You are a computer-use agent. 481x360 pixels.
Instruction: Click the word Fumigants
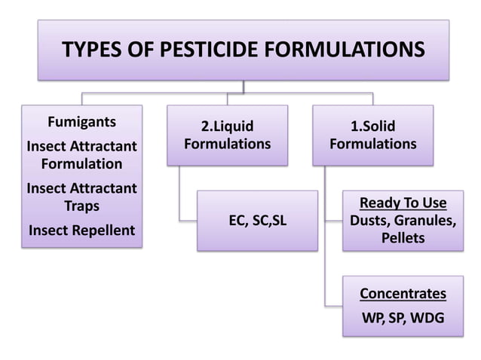tap(81, 122)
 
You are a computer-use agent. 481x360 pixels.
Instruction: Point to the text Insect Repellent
tap(81, 230)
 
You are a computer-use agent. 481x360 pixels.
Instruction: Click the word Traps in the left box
tap(81, 206)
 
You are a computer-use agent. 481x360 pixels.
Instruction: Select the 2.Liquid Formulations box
tap(227, 135)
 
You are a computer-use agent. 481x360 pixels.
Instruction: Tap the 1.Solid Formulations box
tap(372, 135)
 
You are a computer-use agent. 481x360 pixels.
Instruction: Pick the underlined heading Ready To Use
tap(403, 203)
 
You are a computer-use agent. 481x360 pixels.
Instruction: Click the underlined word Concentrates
tap(403, 293)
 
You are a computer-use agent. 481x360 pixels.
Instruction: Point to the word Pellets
tap(403, 239)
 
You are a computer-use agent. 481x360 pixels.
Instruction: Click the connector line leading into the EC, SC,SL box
tap(188, 220)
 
